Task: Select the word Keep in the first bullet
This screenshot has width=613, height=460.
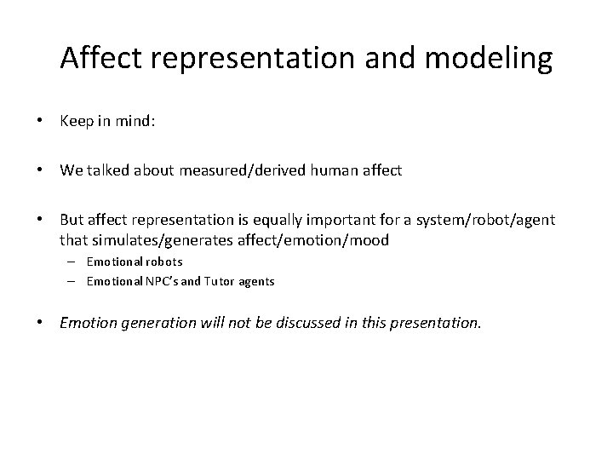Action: click(77, 122)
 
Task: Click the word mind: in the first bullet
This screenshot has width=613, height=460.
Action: click(135, 122)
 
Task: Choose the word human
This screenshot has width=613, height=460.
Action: click(335, 170)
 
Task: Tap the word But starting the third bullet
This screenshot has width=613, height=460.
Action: click(73, 220)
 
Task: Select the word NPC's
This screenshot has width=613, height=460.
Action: click(162, 281)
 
